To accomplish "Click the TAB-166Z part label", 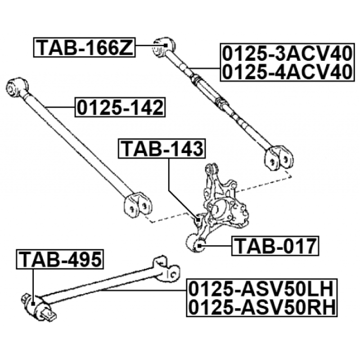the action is tap(85, 47).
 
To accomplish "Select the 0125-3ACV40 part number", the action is tap(287, 54).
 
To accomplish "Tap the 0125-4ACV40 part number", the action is tap(287, 72).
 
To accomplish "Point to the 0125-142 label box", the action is tap(120, 107).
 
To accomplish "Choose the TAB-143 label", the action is tap(162, 148).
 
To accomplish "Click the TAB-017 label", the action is tap(275, 246).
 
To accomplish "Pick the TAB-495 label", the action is tap(60, 259).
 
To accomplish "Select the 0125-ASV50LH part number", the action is tap(261, 289).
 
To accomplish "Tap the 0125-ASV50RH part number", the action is tap(261, 307).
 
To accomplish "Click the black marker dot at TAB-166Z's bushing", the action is tap(165, 45).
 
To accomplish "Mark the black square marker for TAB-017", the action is tap(199, 246).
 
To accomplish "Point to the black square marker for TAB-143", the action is tap(198, 220).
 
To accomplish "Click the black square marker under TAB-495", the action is tap(33, 304).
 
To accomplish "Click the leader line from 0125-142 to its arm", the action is tap(60, 107).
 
